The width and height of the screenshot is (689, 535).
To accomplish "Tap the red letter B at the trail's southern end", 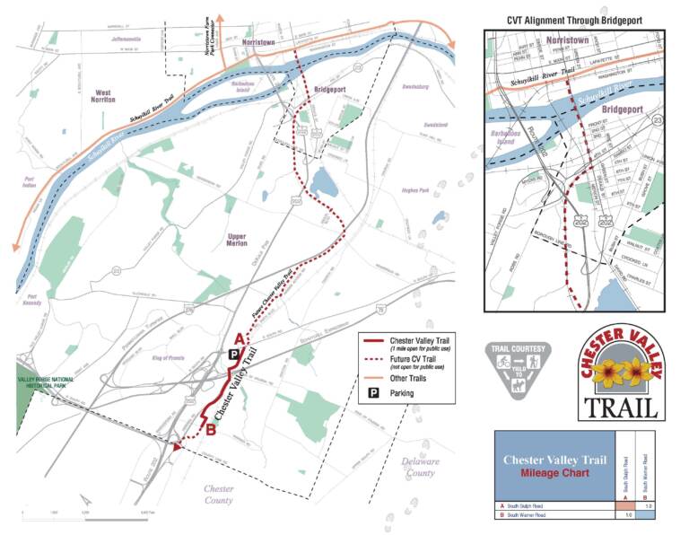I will point(210,430).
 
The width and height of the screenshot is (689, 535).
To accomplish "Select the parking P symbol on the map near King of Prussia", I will point(233,355).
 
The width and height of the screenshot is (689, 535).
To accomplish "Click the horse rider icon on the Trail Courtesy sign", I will point(519,388).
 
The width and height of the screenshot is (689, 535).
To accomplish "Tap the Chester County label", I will point(218,495).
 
